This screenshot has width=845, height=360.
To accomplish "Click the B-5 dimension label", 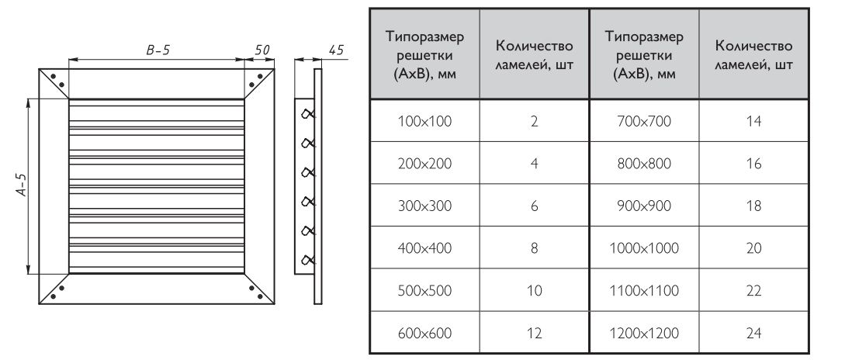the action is point(158,50).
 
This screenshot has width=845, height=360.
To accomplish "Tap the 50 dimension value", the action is point(262,50).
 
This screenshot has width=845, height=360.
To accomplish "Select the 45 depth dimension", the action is point(336,50).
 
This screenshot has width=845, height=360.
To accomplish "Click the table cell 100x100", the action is point(424,121).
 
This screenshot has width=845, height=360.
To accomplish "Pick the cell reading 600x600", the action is point(424,333).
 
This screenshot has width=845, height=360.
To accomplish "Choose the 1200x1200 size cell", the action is point(644,333).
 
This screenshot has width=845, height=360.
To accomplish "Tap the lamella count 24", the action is point(754,333).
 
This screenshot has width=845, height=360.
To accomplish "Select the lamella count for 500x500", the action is point(534,290).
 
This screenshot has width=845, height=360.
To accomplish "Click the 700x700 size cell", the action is point(644,121).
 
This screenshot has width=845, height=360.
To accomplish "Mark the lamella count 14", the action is point(754,121).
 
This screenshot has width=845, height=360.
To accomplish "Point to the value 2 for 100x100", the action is point(534,121).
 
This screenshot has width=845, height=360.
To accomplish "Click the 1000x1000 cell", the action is point(644,248).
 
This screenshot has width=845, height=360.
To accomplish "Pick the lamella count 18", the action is point(754,206).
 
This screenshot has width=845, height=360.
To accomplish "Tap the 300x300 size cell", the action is point(424,206).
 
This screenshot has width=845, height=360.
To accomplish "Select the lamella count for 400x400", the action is point(534,248).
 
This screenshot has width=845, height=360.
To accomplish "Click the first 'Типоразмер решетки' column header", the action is point(424,55).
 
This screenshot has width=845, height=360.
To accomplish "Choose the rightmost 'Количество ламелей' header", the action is point(754,55).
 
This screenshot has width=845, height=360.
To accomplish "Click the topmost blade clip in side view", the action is point(308,113).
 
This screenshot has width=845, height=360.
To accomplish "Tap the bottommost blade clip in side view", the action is point(308,260).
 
